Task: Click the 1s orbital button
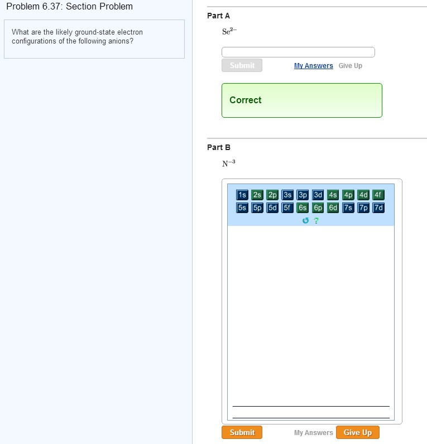click(x=242, y=195)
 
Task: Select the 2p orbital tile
click(x=272, y=195)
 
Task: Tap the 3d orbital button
click(x=318, y=195)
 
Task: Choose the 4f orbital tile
click(x=378, y=195)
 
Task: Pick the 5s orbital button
click(x=242, y=207)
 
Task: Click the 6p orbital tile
click(x=318, y=207)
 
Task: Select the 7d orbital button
click(x=378, y=207)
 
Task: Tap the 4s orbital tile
click(x=333, y=195)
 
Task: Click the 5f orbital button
click(x=287, y=207)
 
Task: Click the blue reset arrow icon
click(x=305, y=220)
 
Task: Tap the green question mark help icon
click(x=316, y=220)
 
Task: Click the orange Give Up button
click(x=358, y=432)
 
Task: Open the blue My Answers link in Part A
click(x=313, y=66)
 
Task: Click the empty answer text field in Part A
click(x=298, y=52)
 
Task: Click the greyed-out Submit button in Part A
click(x=242, y=65)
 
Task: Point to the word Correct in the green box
click(x=246, y=100)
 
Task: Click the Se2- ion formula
click(x=229, y=31)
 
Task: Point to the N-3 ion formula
click(x=229, y=163)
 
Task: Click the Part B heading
click(x=219, y=147)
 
